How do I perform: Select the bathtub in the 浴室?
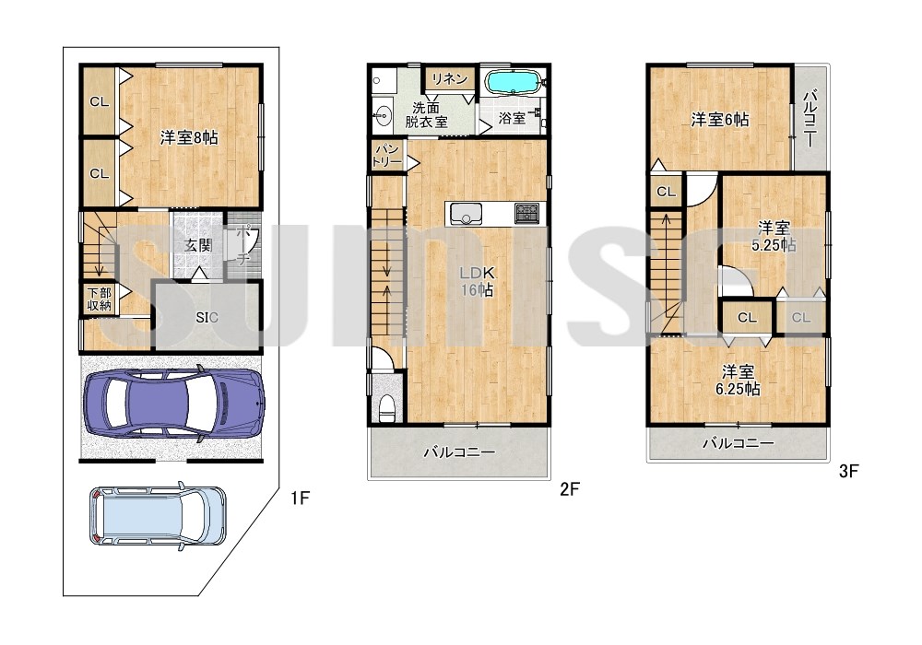pyautogui.click(x=514, y=82)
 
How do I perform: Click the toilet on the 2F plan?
pyautogui.click(x=387, y=406)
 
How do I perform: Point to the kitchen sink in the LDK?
pyautogui.click(x=467, y=213)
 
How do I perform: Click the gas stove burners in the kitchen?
pyautogui.click(x=526, y=213)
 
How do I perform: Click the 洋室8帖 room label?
pyautogui.click(x=189, y=138)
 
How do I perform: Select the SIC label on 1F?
pyautogui.click(x=207, y=318)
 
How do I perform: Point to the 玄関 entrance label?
pyautogui.click(x=197, y=245)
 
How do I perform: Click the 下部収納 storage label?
pyautogui.click(x=100, y=299)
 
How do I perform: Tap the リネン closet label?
pyautogui.click(x=450, y=78)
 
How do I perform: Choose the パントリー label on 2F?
pyautogui.click(x=386, y=156)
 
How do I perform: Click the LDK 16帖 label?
pyautogui.click(x=478, y=281)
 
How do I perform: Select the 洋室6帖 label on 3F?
pyautogui.click(x=720, y=120)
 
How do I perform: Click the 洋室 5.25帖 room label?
pyautogui.click(x=774, y=236)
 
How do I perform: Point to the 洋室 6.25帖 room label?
pyautogui.click(x=738, y=380)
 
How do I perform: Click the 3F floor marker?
pyautogui.click(x=849, y=471)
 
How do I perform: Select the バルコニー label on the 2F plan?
pyautogui.click(x=460, y=452)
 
